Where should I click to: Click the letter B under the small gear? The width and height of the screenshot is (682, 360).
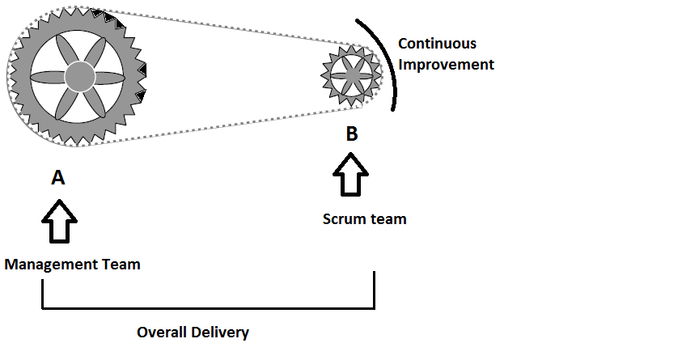click(x=352, y=134)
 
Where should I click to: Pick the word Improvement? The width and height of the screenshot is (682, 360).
click(x=445, y=64)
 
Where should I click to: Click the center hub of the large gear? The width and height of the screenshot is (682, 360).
click(x=78, y=77)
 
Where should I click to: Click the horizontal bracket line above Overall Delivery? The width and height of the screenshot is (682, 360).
click(x=208, y=307)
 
